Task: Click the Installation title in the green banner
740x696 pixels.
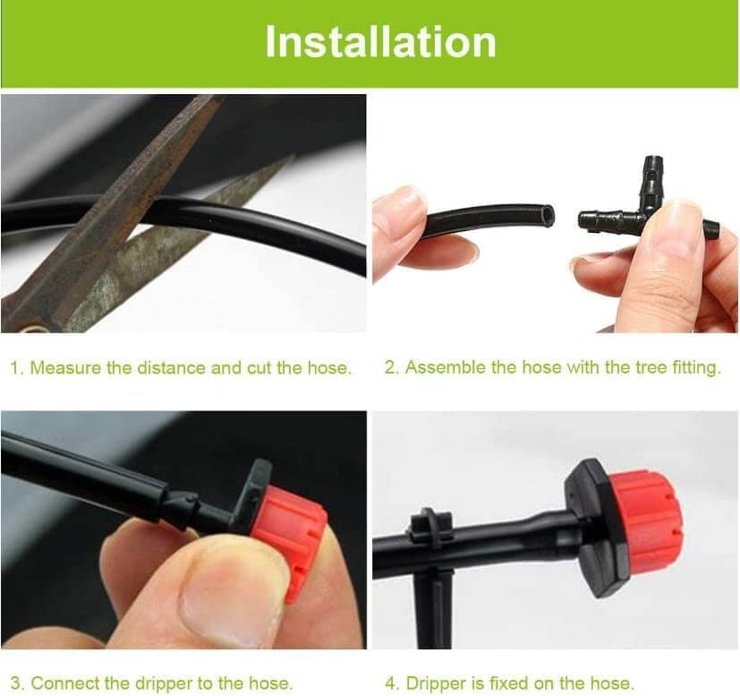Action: (380, 42)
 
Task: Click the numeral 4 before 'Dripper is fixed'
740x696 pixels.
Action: (390, 683)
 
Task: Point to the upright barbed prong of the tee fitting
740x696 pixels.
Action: (652, 178)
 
